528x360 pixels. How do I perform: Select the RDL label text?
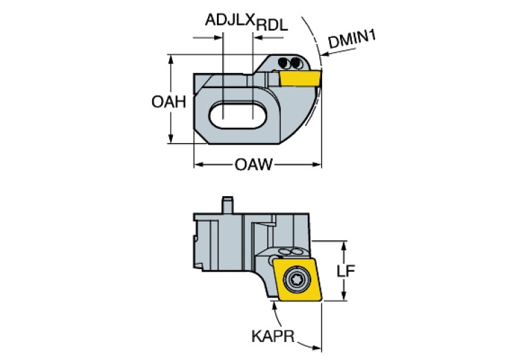pos(272,25)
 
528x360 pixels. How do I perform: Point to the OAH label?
pos(169,103)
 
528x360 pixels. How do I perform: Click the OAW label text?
pos(254,165)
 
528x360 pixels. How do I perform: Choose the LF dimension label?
pos(345,271)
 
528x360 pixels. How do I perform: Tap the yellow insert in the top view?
pos(301,78)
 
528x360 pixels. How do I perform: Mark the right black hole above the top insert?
pos(294,63)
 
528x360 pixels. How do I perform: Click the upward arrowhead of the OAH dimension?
pos(170,59)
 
